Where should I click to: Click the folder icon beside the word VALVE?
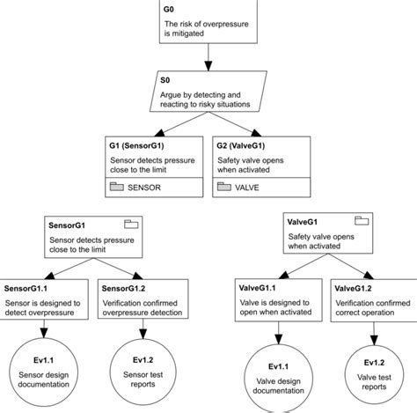224,187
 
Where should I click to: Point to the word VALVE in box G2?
252,187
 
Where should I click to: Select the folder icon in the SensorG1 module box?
130,224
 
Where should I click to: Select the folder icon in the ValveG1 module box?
362,220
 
